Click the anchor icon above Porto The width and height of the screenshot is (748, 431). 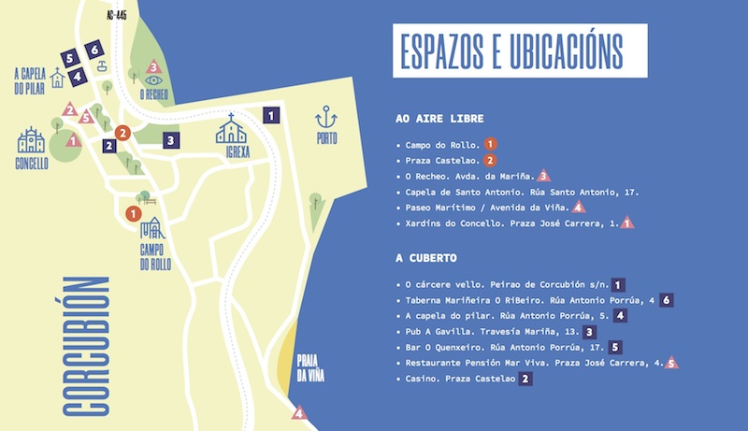pyautogui.click(x=326, y=119)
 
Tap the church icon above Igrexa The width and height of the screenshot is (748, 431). pyautogui.click(x=232, y=129)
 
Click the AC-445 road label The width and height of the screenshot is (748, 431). pyautogui.click(x=117, y=15)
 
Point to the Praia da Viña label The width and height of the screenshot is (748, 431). pyautogui.click(x=309, y=367)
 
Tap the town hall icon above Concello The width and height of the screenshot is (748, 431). pyautogui.click(x=31, y=140)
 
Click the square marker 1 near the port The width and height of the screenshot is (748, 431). pyautogui.click(x=271, y=115)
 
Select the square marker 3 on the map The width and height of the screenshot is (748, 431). pyautogui.click(x=170, y=140)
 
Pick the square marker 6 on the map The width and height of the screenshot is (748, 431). pyautogui.click(x=93, y=50)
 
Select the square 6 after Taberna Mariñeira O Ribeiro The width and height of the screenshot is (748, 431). pyautogui.click(x=666, y=300)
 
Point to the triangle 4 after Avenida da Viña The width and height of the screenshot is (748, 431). pyautogui.click(x=580, y=207)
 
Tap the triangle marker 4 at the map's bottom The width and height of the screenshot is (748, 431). pyautogui.click(x=299, y=412)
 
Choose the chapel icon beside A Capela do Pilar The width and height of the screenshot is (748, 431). pyautogui.click(x=58, y=79)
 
